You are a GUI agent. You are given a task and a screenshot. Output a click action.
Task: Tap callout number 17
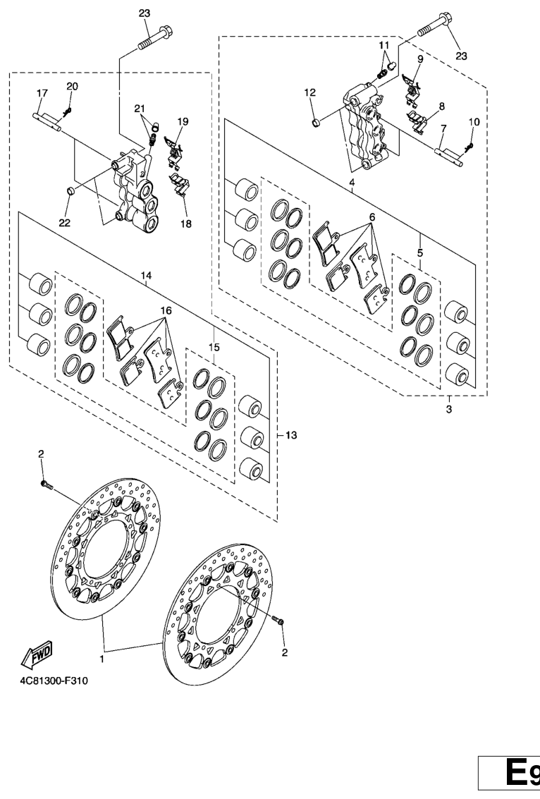42,93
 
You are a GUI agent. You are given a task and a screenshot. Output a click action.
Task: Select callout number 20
73,86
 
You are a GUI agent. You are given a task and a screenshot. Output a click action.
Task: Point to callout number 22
65,223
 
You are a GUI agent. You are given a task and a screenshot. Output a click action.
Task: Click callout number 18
186,224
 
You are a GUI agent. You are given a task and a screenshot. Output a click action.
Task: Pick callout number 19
183,121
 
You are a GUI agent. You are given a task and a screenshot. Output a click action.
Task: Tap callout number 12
309,93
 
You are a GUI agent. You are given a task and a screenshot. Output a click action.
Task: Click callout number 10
474,122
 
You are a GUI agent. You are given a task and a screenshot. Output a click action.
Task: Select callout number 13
291,435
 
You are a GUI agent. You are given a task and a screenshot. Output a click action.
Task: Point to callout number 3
449,409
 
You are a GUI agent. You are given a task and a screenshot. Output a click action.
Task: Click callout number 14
146,276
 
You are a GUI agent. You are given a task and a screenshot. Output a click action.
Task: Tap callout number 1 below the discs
102,659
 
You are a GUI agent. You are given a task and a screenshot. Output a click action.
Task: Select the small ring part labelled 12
316,123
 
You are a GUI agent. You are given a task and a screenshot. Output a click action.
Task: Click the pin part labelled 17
48,122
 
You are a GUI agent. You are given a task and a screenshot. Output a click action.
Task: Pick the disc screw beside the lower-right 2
278,620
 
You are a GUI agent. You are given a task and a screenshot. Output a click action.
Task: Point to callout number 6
372,216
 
